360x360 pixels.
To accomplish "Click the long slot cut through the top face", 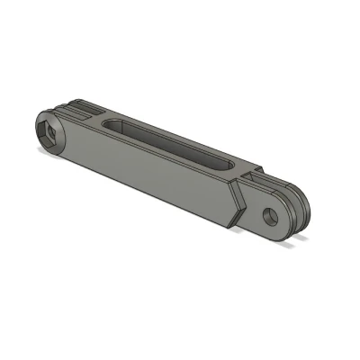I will click(x=171, y=142).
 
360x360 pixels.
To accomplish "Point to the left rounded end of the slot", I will click(x=111, y=122).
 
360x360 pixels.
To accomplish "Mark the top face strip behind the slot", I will click(x=180, y=133).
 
